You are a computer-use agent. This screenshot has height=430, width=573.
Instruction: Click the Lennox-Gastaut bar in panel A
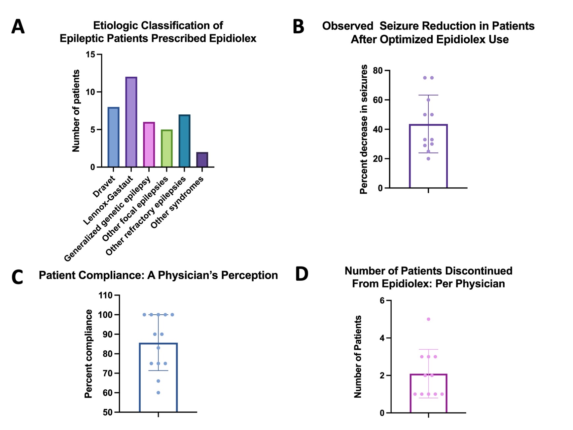click(x=131, y=122)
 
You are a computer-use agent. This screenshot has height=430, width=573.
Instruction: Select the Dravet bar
click(x=113, y=137)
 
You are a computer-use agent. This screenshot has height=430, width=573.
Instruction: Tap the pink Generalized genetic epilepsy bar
click(x=149, y=144)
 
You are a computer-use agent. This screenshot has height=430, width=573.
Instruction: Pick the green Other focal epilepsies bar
click(x=167, y=148)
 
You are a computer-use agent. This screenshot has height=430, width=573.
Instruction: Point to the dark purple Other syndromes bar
click(x=202, y=160)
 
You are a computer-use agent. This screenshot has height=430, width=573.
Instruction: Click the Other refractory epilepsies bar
click(x=184, y=141)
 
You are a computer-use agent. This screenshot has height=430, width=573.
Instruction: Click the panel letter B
click(x=299, y=27)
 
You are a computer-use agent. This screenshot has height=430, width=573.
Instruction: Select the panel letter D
click(x=302, y=274)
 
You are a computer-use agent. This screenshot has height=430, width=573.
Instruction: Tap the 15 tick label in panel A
click(x=90, y=55)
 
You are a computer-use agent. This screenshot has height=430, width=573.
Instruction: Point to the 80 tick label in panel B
click(x=378, y=70)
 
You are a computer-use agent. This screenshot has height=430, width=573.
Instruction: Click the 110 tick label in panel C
click(x=106, y=295)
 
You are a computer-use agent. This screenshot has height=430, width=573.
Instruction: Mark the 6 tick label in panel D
click(x=382, y=300)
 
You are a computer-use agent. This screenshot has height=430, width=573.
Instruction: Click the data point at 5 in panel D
click(x=428, y=319)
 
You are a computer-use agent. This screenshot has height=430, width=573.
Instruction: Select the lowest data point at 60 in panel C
click(x=158, y=393)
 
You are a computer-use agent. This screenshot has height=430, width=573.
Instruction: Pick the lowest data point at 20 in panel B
click(x=428, y=159)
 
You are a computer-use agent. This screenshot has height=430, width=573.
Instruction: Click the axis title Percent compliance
click(x=88, y=354)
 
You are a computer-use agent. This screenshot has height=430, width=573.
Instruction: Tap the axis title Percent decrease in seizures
click(x=364, y=129)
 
